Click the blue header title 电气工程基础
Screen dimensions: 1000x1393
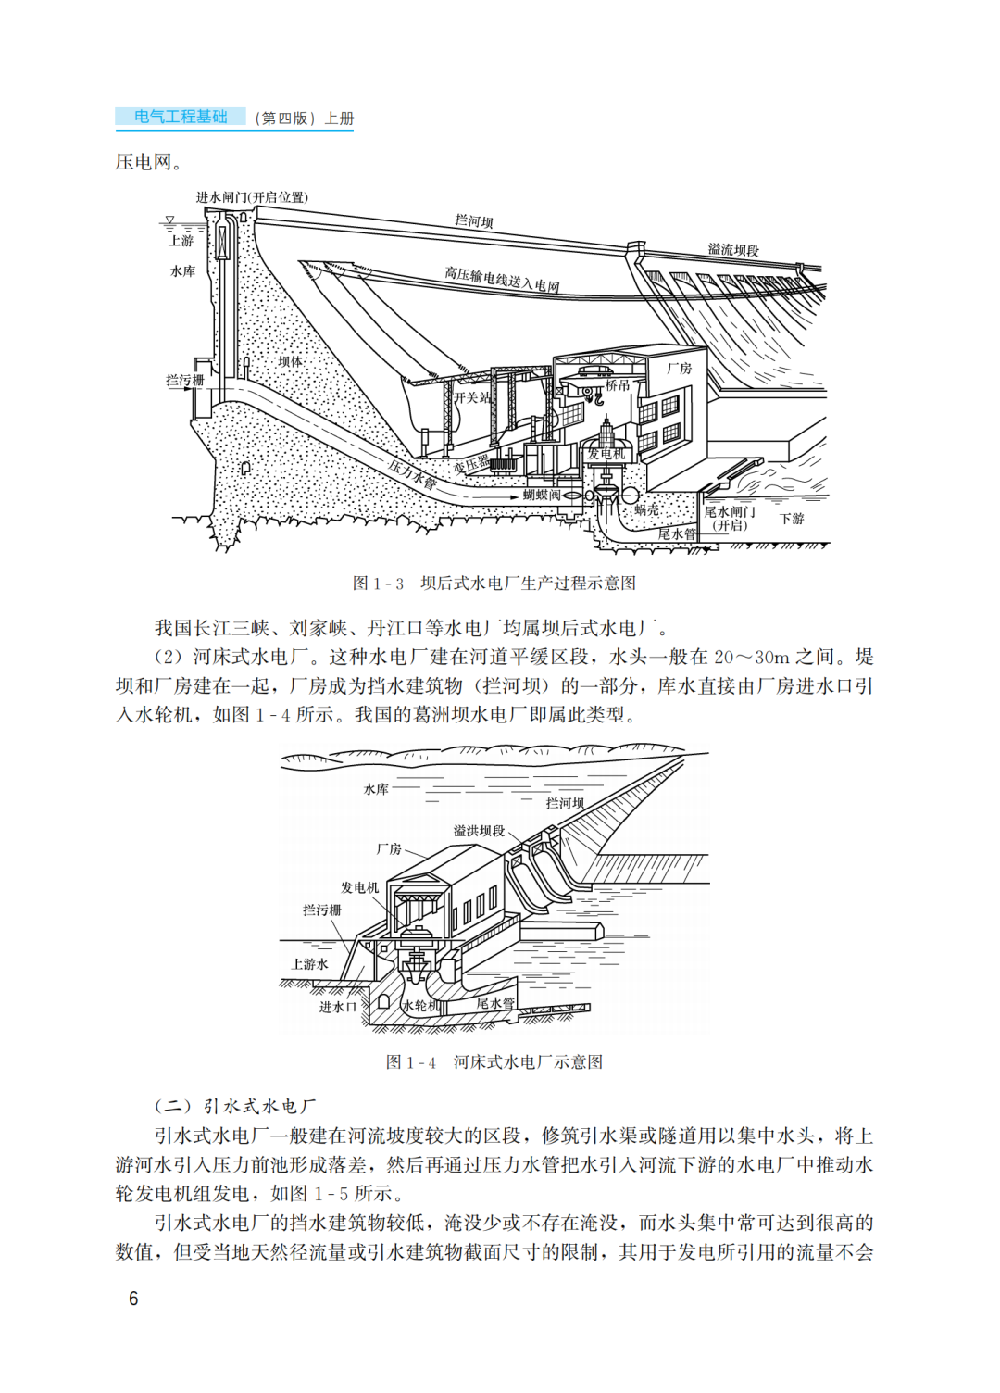click(x=181, y=117)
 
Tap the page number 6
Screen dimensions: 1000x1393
click(x=133, y=1299)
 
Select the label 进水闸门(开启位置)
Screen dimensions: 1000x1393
click(x=252, y=197)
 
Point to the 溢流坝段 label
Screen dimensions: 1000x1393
click(x=733, y=250)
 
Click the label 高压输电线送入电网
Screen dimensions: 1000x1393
click(x=502, y=280)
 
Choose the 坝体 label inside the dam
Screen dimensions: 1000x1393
click(x=290, y=361)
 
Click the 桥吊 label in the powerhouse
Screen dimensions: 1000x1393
click(x=618, y=385)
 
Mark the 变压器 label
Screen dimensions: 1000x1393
click(x=471, y=464)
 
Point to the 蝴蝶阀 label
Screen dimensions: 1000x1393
click(x=542, y=496)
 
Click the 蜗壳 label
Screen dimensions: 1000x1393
click(x=646, y=510)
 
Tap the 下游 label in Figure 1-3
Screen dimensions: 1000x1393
click(x=792, y=519)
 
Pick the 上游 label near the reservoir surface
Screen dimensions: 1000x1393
click(x=181, y=241)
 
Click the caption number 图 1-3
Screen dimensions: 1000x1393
click(x=378, y=584)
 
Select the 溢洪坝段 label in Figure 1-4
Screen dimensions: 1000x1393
click(x=479, y=831)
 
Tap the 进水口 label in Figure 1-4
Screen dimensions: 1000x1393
click(x=337, y=1007)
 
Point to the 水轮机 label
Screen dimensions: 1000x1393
click(x=421, y=1006)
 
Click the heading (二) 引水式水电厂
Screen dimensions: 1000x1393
click(x=235, y=1106)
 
